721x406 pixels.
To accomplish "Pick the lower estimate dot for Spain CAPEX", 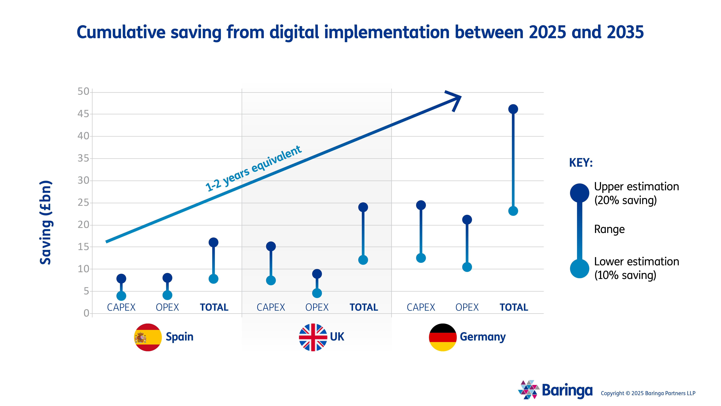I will point(121,296).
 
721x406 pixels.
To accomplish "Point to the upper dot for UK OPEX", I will point(317,274).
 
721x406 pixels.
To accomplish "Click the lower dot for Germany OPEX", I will point(467,267).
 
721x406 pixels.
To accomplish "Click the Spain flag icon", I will point(148,337).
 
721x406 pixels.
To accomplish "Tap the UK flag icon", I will point(313,337).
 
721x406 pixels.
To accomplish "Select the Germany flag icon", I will point(443,337).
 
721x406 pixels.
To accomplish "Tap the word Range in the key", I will point(609,229).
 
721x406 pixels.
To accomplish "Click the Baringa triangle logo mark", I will point(528,390).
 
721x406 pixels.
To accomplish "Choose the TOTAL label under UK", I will point(364,307).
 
